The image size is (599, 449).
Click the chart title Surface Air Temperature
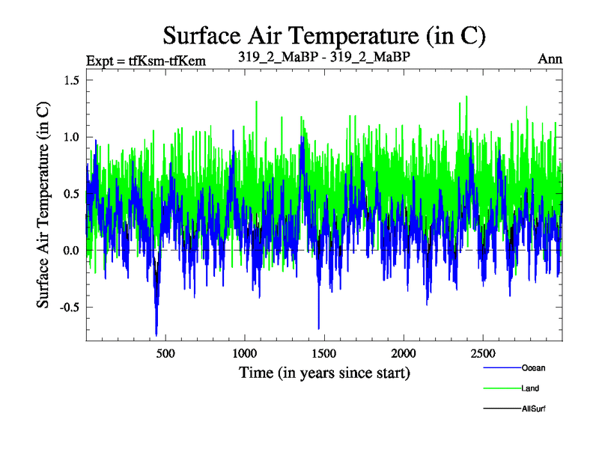324,35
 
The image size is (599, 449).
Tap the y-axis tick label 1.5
70,80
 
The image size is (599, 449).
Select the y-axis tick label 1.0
70,137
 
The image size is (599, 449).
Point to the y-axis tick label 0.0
70,250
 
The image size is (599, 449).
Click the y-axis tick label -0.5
67,307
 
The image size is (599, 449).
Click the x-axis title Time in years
324,372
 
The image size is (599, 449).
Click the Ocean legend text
534,368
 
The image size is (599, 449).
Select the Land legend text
530,388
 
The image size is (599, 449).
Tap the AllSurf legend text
534,409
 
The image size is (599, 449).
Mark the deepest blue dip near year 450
156,334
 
